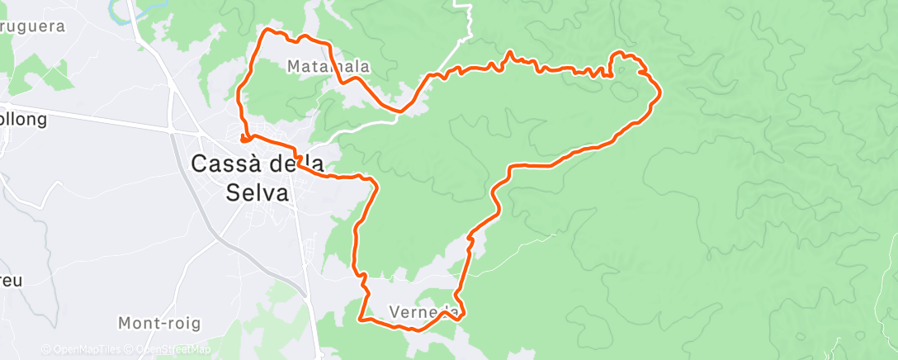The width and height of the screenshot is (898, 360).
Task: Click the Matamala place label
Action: point(328,65)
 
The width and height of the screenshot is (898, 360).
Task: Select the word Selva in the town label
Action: point(258,192)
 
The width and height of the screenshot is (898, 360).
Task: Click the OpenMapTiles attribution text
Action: point(83,349)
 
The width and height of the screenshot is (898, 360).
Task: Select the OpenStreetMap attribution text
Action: point(168,349)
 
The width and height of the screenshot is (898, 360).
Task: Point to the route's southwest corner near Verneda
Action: point(361,316)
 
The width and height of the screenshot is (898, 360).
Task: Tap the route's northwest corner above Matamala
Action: point(266,31)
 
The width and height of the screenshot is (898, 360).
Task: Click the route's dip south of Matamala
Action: point(401,109)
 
